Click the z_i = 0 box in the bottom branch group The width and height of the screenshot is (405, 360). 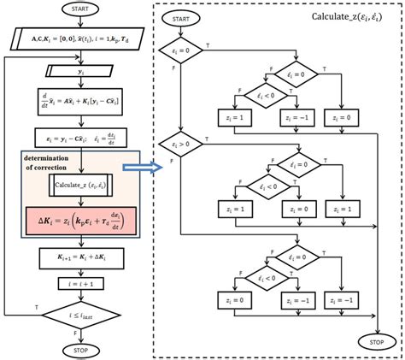pos(230,300)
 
